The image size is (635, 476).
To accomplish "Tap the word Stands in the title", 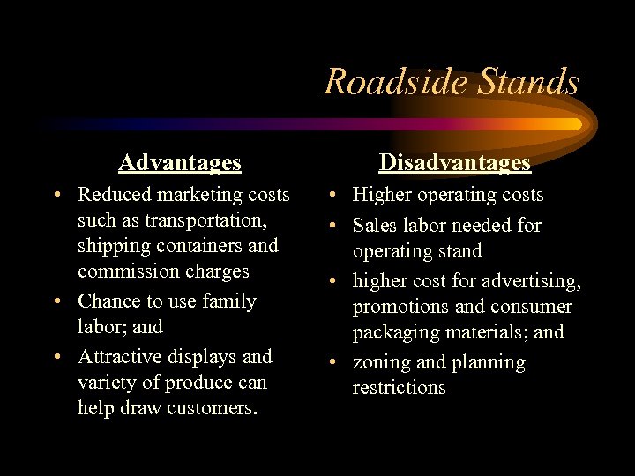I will click(527, 82).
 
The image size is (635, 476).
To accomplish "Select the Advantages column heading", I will click(180, 162).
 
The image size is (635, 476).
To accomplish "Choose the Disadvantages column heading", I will click(455, 162).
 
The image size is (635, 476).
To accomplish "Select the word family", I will click(227, 301).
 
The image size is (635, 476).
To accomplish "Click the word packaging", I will click(396, 332).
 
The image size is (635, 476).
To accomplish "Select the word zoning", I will click(381, 362).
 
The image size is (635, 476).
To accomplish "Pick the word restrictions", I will click(400, 388).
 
